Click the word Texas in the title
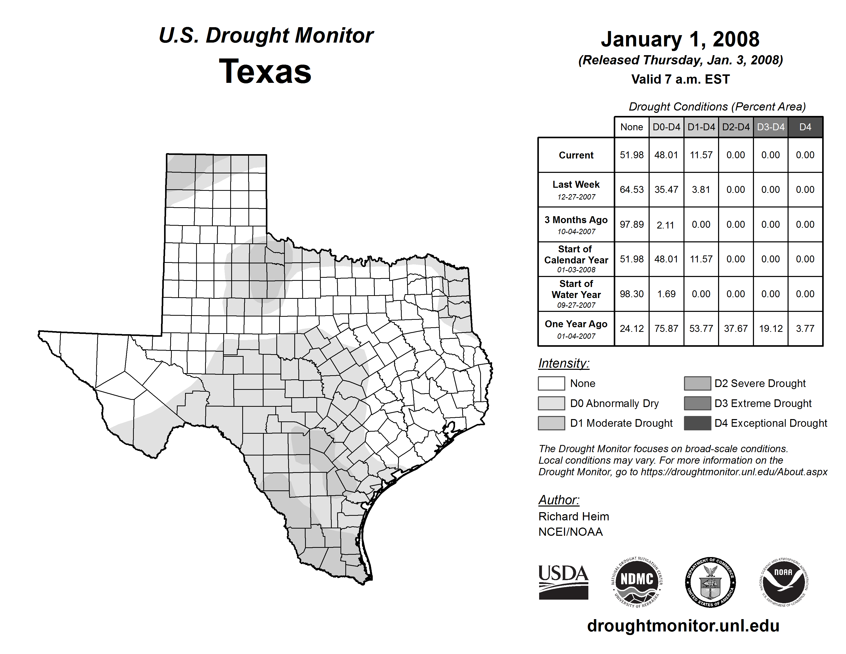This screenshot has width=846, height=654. (x=265, y=72)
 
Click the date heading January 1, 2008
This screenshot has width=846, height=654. (x=680, y=39)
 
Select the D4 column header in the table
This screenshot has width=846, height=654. (x=805, y=127)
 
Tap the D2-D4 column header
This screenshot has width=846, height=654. (x=736, y=127)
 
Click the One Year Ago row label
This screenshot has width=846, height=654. (x=576, y=324)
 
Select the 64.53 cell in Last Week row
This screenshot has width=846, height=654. (x=631, y=190)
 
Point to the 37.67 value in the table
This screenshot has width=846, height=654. (x=736, y=329)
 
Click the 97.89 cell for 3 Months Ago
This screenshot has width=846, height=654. (x=631, y=224)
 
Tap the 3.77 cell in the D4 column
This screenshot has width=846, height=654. (x=805, y=329)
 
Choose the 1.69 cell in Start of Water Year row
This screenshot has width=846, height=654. (x=666, y=294)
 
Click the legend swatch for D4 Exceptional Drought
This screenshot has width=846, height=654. (x=697, y=423)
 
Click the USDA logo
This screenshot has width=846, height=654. (x=563, y=582)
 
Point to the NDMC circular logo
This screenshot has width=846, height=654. (x=637, y=582)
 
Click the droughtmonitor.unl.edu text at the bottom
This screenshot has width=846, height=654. (x=683, y=626)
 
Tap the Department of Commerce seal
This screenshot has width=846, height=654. (x=710, y=582)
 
